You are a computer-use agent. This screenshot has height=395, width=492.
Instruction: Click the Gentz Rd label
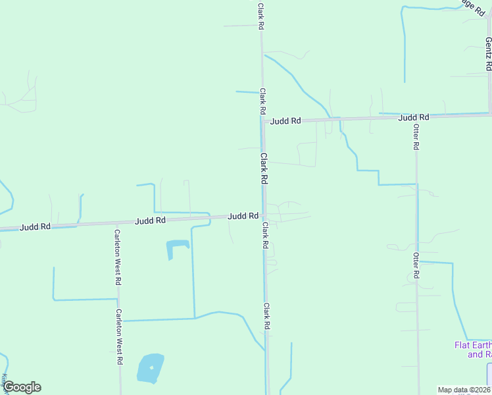pyautogui.click(x=488, y=50)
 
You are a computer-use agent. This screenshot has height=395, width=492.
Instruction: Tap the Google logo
pyautogui.click(x=21, y=387)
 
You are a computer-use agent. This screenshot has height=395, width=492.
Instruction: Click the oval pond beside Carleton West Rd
pyautogui.click(x=150, y=369)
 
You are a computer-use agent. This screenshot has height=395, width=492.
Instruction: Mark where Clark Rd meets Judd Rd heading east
pyautogui.click(x=263, y=121)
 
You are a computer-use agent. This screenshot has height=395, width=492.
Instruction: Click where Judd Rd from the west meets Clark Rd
pyautogui.click(x=262, y=215)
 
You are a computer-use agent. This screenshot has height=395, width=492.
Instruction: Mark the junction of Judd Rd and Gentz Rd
pyautogui.click(x=489, y=114)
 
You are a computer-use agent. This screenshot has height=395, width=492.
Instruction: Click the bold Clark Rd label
pyautogui.click(x=264, y=169)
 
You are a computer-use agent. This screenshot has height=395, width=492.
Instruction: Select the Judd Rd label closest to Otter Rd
pyautogui.click(x=414, y=117)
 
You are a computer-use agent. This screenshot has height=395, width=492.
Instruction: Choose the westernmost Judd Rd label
pyautogui.click(x=36, y=226)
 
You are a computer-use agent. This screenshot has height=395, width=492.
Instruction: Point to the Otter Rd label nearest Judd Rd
pyautogui.click(x=416, y=137)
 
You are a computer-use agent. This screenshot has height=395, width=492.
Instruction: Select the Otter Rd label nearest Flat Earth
pyautogui.click(x=416, y=265)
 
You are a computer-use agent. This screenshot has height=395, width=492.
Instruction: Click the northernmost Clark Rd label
pyautogui.click(x=261, y=16)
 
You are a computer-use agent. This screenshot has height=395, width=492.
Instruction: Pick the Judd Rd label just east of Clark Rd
pyautogui.click(x=286, y=121)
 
